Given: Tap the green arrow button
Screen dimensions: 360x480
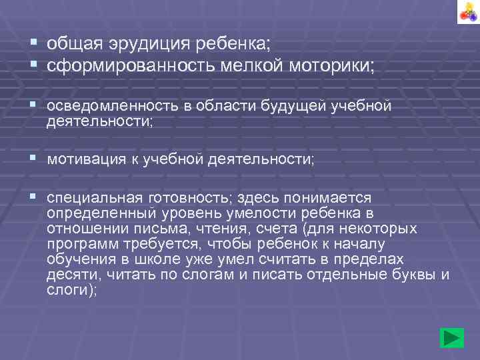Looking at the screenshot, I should click(x=453, y=338).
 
